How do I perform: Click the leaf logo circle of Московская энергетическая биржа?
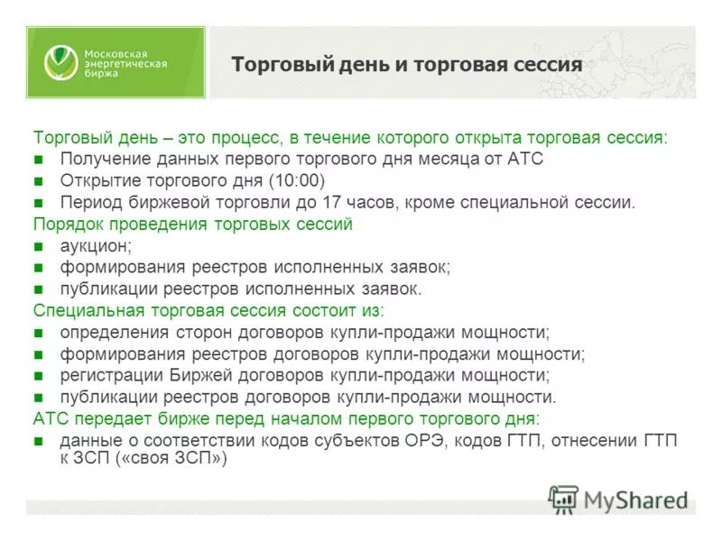click(x=61, y=62)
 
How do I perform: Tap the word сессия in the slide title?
click(x=548, y=65)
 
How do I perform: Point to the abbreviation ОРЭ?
click(x=429, y=441)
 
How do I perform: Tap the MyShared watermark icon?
click(x=563, y=499)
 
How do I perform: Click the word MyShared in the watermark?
click(x=635, y=500)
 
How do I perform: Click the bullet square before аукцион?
click(x=38, y=246)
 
